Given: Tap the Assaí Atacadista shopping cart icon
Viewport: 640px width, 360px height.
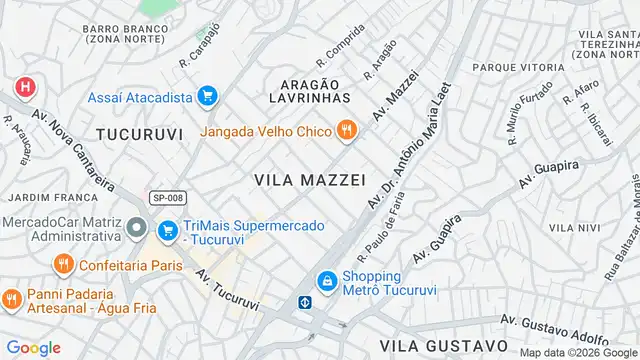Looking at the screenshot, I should click(207, 97).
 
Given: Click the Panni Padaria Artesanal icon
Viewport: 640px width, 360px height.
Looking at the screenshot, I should click(13, 299).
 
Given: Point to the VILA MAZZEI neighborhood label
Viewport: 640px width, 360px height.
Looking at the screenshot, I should click(309, 179).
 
